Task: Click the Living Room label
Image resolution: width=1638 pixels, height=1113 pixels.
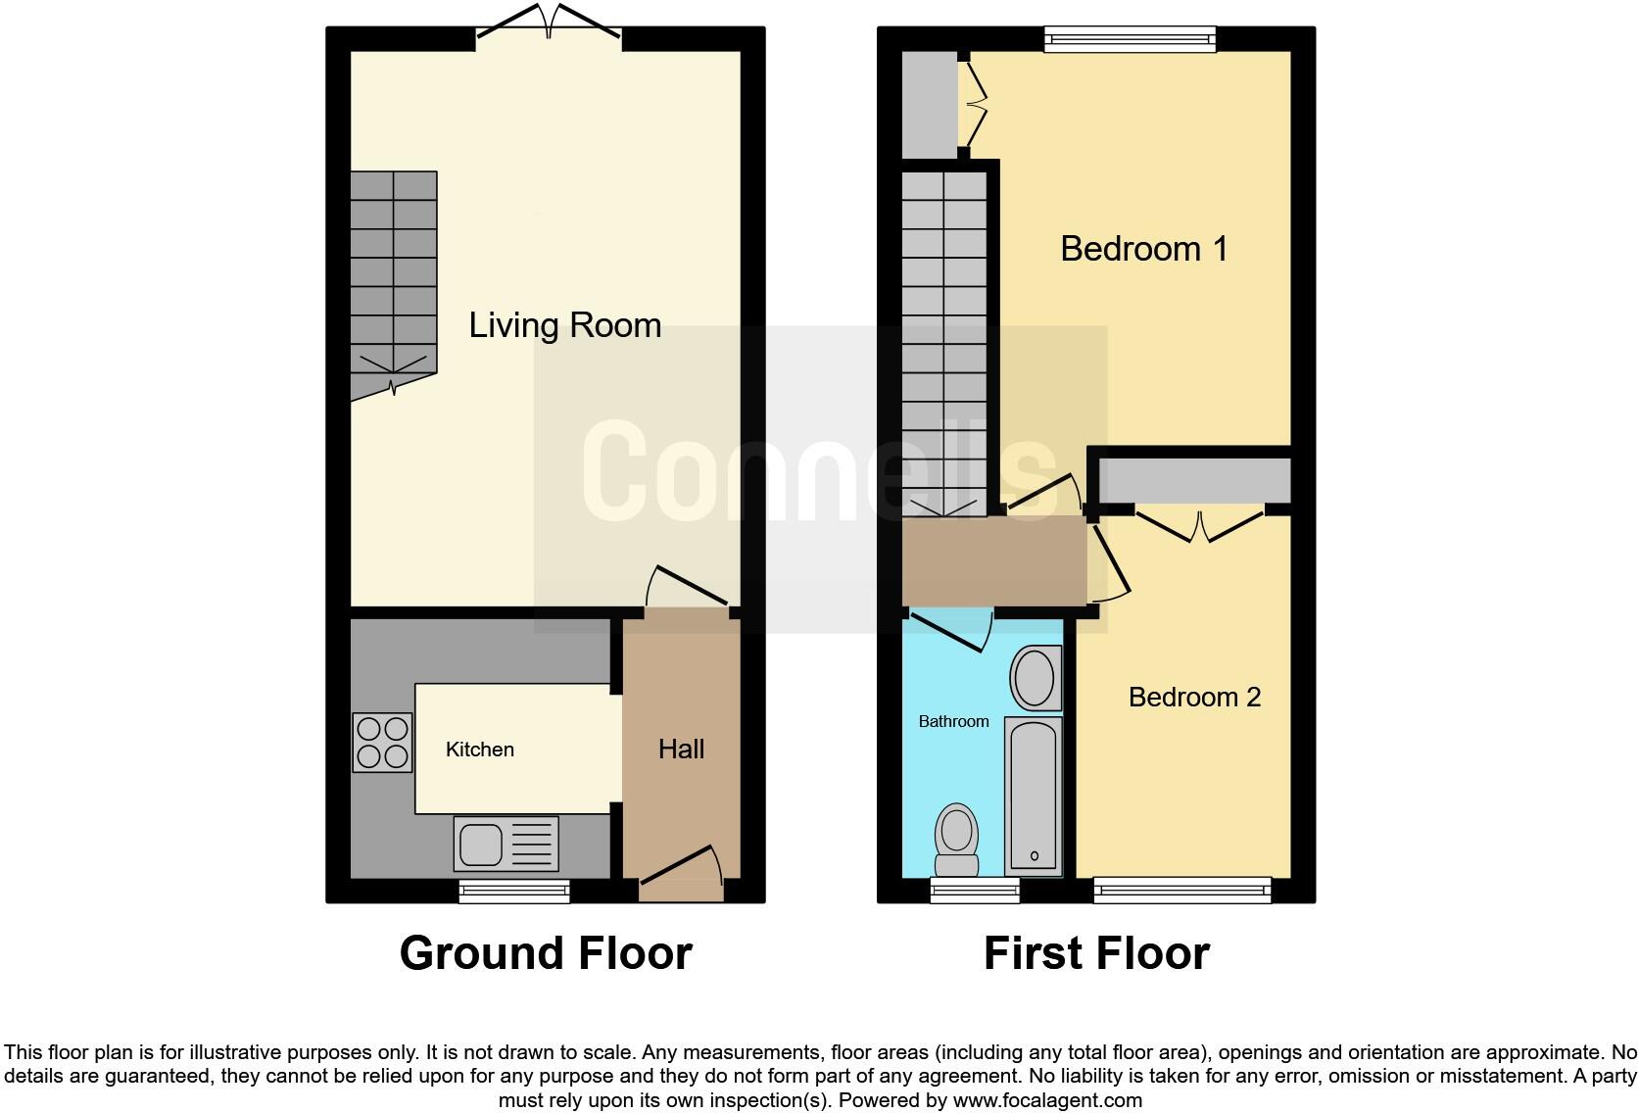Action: coord(565,325)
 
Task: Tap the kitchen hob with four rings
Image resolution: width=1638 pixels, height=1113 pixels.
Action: coord(383,743)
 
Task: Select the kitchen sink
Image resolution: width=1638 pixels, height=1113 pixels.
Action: coord(506,844)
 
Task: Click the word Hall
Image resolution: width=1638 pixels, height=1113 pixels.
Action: coord(681,750)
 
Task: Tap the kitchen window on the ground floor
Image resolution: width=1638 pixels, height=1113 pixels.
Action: coord(514,891)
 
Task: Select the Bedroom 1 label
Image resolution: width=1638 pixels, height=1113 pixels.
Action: coord(1143,249)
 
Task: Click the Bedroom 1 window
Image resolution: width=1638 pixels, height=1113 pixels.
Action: coord(1130,39)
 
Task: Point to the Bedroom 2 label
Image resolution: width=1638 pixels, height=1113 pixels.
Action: coord(1194,698)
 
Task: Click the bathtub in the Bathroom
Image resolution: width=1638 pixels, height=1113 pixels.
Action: coord(1034,796)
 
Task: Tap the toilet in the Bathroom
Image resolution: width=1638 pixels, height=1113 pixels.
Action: coord(956,840)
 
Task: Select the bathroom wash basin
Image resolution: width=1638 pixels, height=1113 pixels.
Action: coord(1035,677)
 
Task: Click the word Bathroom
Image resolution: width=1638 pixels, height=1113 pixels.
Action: coord(953,722)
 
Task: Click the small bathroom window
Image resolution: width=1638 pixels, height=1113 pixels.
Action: coord(975,891)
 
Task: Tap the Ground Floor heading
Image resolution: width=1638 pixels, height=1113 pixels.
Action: coord(546,953)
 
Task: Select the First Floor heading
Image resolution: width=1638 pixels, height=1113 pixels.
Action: coord(1096,953)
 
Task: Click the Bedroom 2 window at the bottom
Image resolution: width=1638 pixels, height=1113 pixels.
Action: coord(1182,891)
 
